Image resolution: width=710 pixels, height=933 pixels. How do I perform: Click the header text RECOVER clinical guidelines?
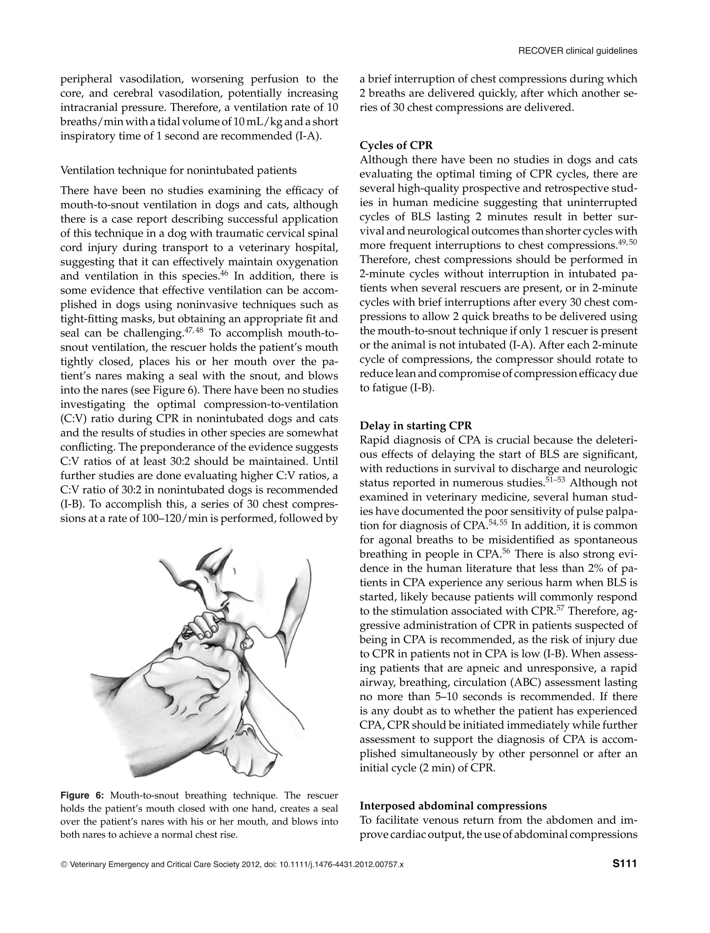(x=577, y=51)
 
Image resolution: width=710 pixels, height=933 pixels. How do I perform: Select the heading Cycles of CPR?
(x=396, y=145)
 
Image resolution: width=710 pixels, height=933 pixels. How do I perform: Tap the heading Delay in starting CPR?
(x=415, y=425)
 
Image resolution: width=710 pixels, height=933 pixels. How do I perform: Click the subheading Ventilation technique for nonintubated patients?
(x=178, y=170)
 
